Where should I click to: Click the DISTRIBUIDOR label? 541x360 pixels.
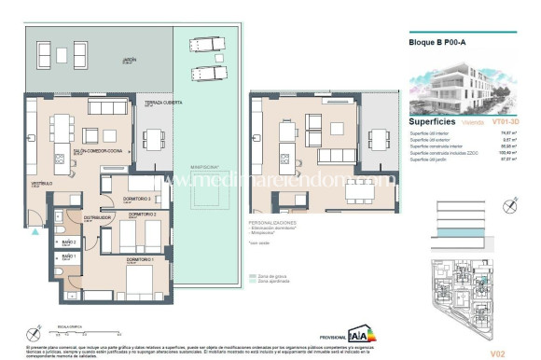pyautogui.click(x=98, y=217)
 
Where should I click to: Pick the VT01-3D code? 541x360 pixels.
pyautogui.click(x=505, y=122)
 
